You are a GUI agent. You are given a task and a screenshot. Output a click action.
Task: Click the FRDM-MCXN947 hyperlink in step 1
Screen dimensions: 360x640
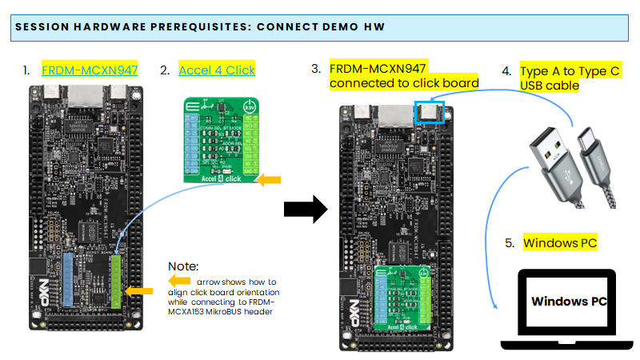tap(90, 70)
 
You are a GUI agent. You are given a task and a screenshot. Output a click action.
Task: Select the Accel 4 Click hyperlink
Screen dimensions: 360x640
tap(217, 70)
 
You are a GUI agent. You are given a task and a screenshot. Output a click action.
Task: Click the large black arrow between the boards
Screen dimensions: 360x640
tap(306, 210)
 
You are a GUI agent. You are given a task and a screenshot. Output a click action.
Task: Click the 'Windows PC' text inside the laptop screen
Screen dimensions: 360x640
tap(569, 302)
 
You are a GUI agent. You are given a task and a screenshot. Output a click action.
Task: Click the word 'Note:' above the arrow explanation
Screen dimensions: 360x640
tap(183, 266)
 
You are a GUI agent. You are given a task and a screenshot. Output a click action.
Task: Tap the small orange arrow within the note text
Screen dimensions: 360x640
tap(180, 282)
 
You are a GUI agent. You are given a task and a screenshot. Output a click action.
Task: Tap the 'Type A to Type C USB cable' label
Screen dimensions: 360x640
tap(569, 78)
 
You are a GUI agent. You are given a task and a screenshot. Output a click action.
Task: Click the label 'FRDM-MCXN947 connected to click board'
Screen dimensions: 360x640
tap(403, 76)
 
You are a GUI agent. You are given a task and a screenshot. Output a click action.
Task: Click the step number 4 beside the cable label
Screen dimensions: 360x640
tap(506, 71)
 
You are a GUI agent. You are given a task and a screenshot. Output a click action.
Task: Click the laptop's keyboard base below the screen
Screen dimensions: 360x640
tap(569, 345)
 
